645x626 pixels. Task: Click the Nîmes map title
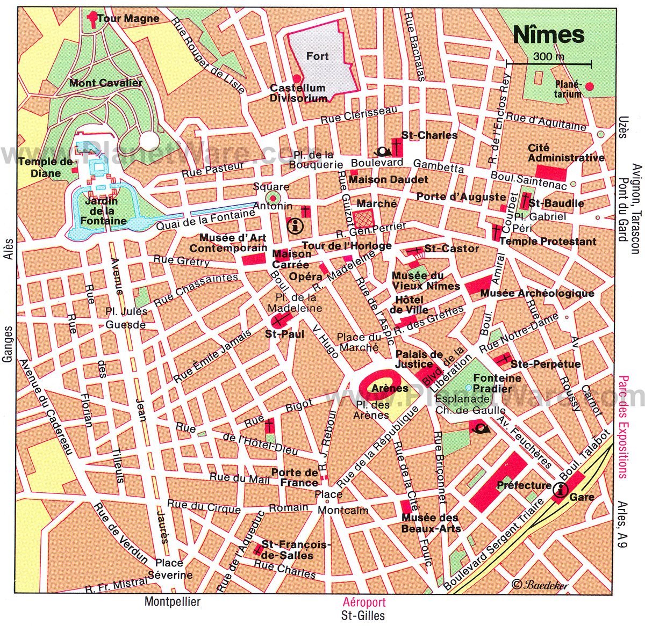[548, 34]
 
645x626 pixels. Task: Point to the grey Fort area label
[317, 56]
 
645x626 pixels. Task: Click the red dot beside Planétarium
[590, 86]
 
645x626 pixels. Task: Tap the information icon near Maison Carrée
[295, 227]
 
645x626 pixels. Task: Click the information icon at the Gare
[561, 490]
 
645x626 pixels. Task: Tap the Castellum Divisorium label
[298, 93]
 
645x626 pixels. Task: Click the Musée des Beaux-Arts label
[431, 523]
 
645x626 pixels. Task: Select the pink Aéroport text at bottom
[364, 602]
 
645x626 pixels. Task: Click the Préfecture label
[524, 485]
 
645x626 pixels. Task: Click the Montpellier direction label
[172, 601]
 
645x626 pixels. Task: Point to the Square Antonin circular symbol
[273, 199]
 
